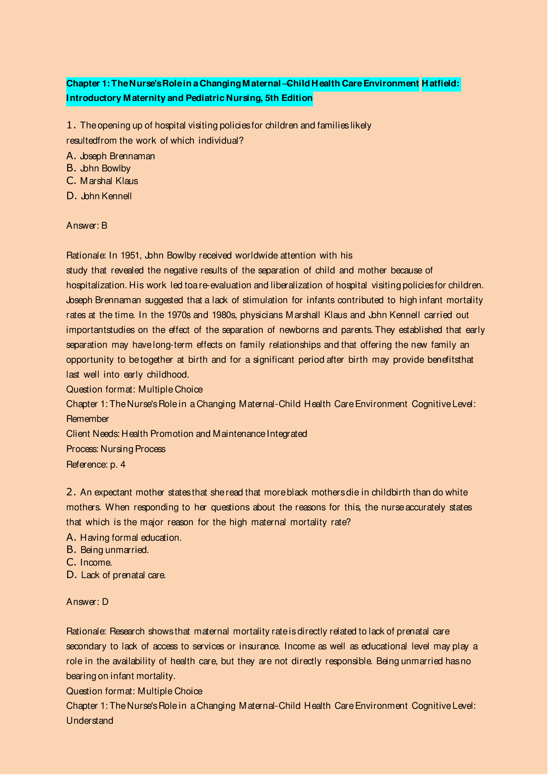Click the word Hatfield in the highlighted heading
[x=440, y=83]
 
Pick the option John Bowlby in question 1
[x=105, y=168]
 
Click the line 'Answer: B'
[x=87, y=226]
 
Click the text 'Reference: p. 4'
[x=96, y=465]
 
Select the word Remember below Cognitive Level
[x=87, y=419]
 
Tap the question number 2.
[x=70, y=492]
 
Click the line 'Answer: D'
[x=87, y=602]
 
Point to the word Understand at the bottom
[x=89, y=721]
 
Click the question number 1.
[x=70, y=125]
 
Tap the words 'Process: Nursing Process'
[x=116, y=449]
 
